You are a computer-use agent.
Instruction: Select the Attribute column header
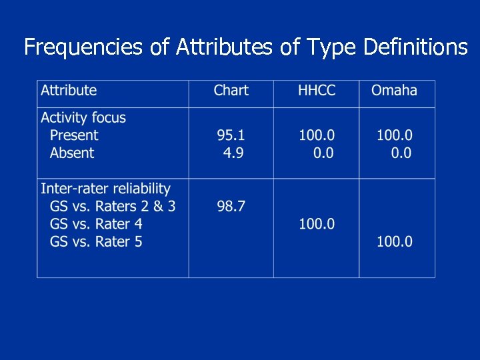pyautogui.click(x=69, y=91)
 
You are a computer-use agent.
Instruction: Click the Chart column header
pyautogui.click(x=231, y=91)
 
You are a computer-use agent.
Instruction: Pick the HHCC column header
pyautogui.click(x=317, y=91)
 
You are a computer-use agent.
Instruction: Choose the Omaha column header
pyautogui.click(x=394, y=91)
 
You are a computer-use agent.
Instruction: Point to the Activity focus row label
pyautogui.click(x=83, y=118)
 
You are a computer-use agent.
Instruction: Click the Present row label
pyautogui.click(x=74, y=135)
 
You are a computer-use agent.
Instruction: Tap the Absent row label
pyautogui.click(x=72, y=153)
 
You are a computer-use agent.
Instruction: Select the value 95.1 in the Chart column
pyautogui.click(x=231, y=135)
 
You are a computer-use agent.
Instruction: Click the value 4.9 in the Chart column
pyautogui.click(x=233, y=153)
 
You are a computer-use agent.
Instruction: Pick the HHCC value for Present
pyautogui.click(x=317, y=135)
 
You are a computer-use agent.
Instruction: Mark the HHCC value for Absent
pyautogui.click(x=323, y=153)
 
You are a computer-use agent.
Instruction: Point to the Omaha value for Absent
pyautogui.click(x=401, y=153)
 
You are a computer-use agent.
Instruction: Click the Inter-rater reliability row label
pyautogui.click(x=105, y=189)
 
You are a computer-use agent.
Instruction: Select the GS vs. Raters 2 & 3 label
pyautogui.click(x=113, y=207)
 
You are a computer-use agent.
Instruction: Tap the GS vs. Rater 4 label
pyautogui.click(x=96, y=224)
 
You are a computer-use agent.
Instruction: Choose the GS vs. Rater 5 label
pyautogui.click(x=96, y=241)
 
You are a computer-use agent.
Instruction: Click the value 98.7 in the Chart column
pyautogui.click(x=231, y=207)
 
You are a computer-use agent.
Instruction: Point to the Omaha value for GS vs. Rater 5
pyautogui.click(x=394, y=241)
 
